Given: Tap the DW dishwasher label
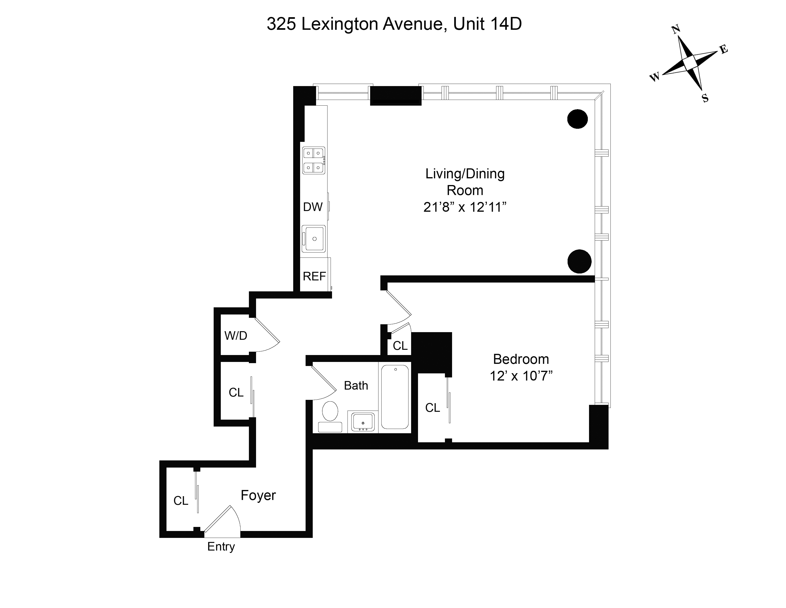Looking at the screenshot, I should coord(313,207).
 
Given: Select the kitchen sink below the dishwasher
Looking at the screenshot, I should coord(314,238).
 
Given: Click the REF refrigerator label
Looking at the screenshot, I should coord(314,276).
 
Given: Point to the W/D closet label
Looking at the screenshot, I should coord(236,336).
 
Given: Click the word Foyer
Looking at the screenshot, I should coord(258,496).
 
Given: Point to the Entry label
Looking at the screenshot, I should coord(221,546).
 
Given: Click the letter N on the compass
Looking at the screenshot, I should coord(676,30).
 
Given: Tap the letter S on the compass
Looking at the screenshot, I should coord(705,98).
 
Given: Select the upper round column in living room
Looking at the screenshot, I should coord(578,119).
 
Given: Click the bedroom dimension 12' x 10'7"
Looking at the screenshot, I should coord(521,376).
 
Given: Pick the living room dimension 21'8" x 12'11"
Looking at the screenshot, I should coord(465,207).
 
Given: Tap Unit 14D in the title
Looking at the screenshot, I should coord(487,24).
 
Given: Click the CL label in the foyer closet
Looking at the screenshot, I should coord(181,501).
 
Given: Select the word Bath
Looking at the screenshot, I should coord(356,386).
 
